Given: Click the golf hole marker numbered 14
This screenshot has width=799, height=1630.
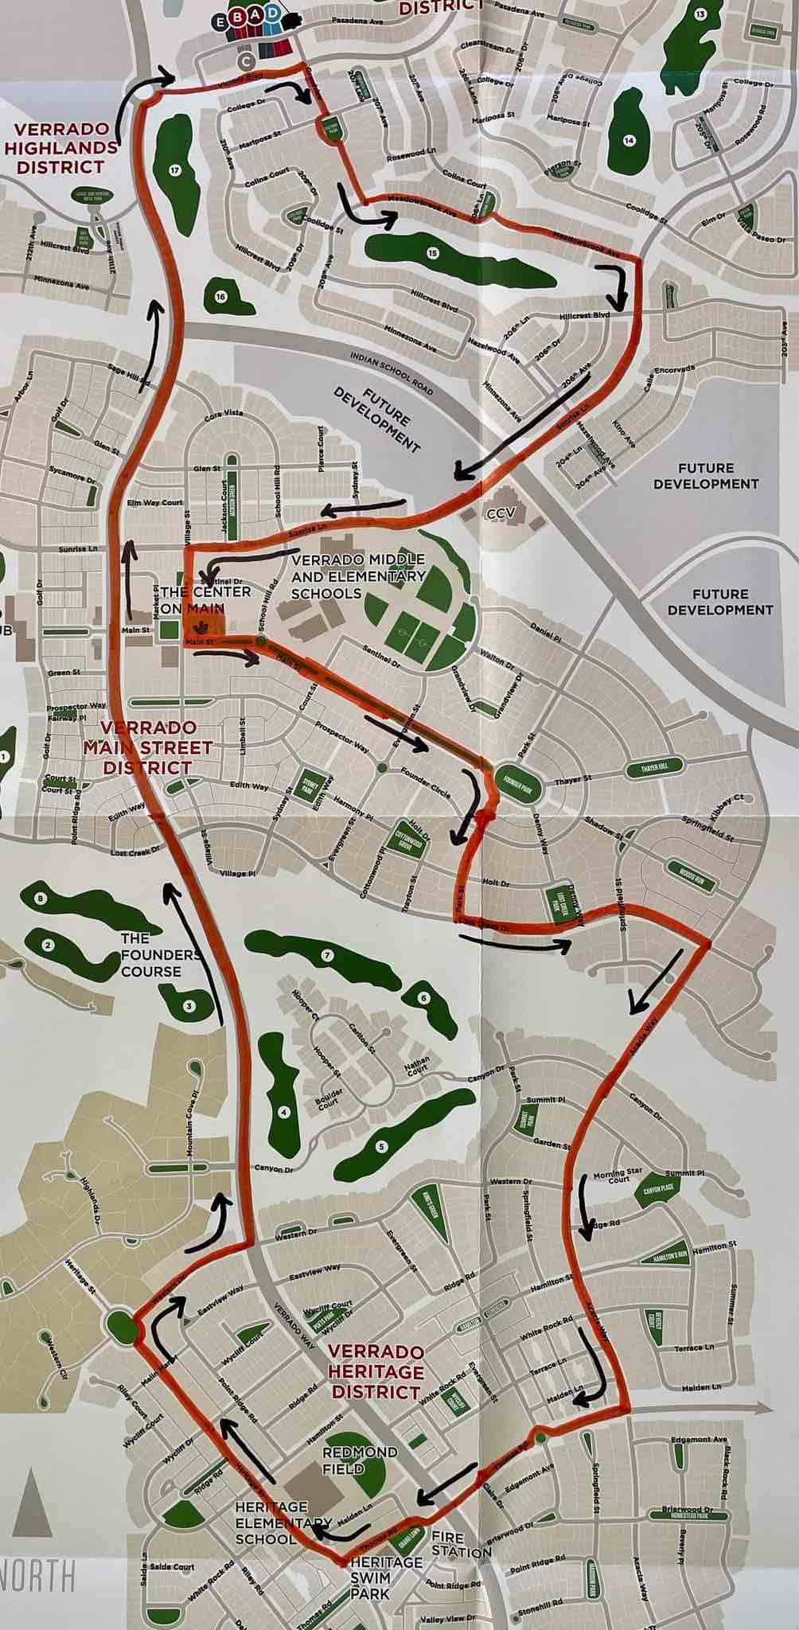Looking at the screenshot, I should pos(629,141).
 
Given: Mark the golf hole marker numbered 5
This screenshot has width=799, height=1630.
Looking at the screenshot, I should pos(381,1146).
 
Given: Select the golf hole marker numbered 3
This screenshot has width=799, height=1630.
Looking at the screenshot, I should pos(189,1006).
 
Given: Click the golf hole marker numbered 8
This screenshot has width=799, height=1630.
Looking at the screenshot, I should pos(41,899).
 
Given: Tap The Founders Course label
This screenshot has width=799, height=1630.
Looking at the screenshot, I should pos(151,955).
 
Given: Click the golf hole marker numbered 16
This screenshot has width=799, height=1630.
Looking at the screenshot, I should pos(220,297).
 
